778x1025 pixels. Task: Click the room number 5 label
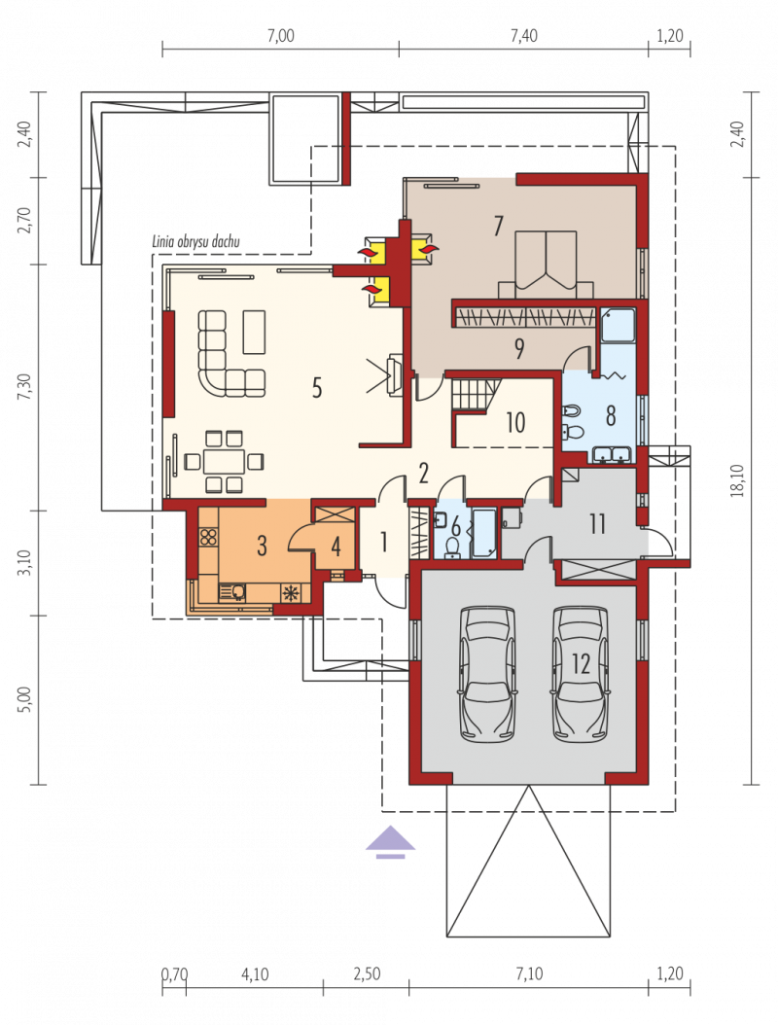317,388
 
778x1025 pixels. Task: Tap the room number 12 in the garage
582,664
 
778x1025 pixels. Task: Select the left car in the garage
487,674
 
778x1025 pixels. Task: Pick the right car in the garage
581,674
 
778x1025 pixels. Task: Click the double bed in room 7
546,265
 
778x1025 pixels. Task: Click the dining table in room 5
224,462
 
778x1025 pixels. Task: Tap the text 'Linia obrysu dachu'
196,242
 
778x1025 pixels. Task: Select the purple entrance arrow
390,841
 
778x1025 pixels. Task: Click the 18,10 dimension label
737,480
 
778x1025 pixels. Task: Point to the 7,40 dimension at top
523,36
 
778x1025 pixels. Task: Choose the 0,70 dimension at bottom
174,974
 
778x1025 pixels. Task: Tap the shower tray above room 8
618,325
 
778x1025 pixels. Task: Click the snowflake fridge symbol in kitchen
291,593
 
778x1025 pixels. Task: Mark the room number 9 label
519,348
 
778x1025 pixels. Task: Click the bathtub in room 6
483,534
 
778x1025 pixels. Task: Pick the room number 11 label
597,523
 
